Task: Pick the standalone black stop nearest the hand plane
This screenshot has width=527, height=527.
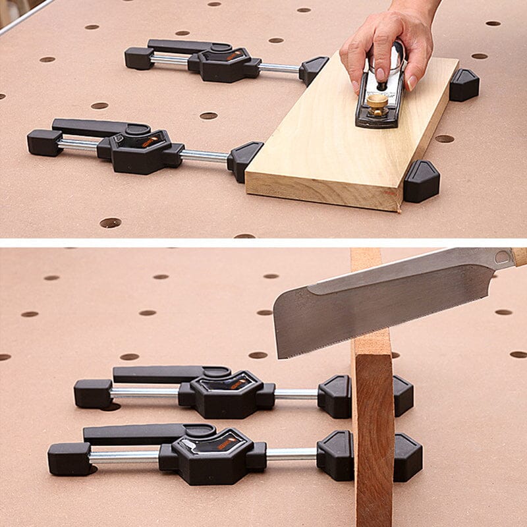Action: [464, 84]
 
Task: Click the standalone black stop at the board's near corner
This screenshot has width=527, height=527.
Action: [422, 180]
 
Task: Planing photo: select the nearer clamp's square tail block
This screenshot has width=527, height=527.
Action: [44, 142]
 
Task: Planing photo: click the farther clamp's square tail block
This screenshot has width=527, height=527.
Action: [138, 57]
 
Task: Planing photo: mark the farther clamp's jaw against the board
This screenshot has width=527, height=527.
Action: [313, 69]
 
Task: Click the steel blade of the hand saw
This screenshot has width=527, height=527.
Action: [369, 300]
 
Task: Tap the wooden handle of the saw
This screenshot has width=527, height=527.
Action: [520, 256]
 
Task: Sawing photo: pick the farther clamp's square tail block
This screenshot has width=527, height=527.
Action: [92, 393]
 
